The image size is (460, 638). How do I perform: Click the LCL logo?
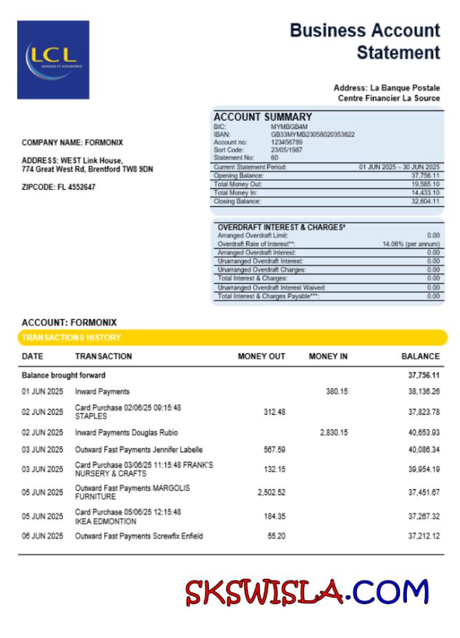[53, 59]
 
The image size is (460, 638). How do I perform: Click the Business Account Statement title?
[365, 41]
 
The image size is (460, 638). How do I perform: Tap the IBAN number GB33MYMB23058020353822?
[312, 134]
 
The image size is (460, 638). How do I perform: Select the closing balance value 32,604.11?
[426, 201]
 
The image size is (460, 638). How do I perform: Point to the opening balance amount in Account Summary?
[426, 176]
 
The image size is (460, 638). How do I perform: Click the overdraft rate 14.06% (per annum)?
[411, 244]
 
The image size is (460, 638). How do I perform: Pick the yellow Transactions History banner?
[232, 338]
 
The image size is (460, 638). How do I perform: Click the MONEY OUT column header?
[261, 356]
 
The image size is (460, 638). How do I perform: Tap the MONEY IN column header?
[328, 356]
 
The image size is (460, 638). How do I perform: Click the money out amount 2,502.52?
[271, 492]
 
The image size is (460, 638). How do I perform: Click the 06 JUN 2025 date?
[42, 536]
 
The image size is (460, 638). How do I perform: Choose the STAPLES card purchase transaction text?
[128, 412]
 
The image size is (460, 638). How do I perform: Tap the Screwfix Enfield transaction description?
[139, 536]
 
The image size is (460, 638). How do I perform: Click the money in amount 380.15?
[337, 391]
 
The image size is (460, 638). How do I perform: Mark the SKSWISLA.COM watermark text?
[307, 591]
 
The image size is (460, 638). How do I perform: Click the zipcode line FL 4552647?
[59, 187]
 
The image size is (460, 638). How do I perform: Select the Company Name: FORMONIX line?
[72, 143]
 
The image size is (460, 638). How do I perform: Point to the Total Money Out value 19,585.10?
[426, 184]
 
